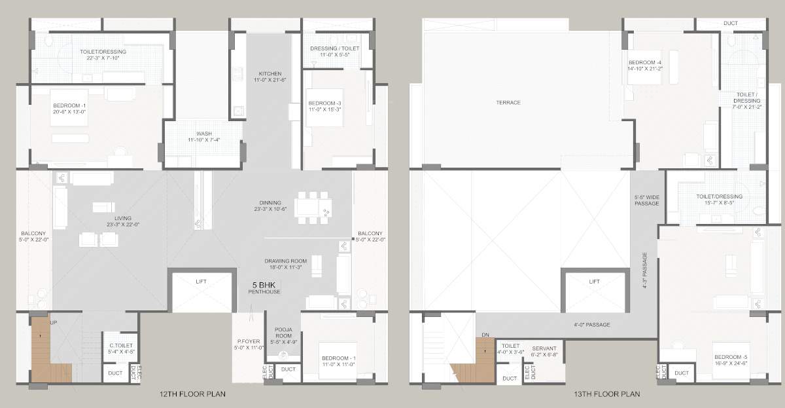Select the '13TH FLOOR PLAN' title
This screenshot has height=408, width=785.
pos(608,394)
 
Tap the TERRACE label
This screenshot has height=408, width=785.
pos(508,103)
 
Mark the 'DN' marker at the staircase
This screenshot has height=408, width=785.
pos(485,335)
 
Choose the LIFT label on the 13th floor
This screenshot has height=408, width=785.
pos(594,282)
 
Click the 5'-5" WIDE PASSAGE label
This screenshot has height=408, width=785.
pos(646,200)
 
